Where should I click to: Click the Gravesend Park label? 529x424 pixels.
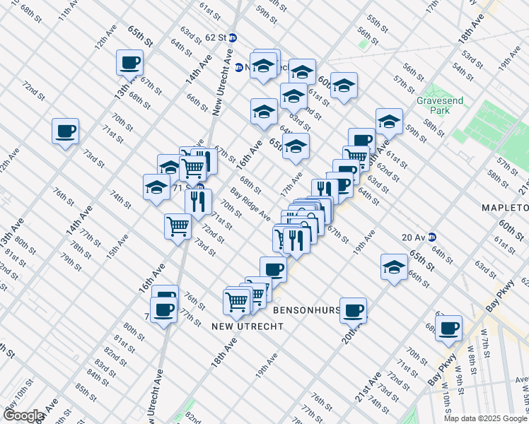point(439,106)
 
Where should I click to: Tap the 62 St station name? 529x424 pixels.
point(214,36)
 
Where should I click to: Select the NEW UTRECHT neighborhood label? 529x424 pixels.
point(248,326)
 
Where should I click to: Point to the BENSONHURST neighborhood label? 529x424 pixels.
point(304,310)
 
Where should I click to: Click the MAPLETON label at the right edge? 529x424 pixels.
point(504,208)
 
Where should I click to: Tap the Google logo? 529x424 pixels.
point(23,416)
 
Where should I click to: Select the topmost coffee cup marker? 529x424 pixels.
point(130,62)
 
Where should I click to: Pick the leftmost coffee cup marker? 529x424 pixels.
point(65,131)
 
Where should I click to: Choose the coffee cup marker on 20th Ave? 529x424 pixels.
point(354,309)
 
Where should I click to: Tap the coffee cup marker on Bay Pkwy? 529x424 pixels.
point(448,328)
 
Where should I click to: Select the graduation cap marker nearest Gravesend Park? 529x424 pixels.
point(389,122)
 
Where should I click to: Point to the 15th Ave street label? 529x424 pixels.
point(112,242)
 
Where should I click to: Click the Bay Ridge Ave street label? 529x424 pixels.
point(250,204)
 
